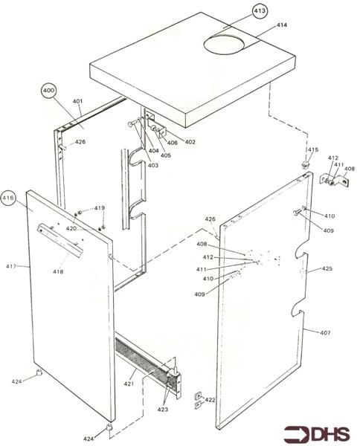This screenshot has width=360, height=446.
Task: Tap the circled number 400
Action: [x=50, y=91]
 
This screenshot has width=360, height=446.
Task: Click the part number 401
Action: [x=78, y=101]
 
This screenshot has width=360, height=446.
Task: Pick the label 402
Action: [x=190, y=141]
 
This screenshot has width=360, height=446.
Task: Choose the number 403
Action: [x=152, y=165]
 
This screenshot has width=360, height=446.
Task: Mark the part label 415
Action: [x=313, y=150]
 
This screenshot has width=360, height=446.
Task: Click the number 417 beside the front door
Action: [x=11, y=265]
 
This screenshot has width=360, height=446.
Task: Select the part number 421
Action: [x=128, y=384]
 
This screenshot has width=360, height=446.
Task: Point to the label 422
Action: [x=210, y=400]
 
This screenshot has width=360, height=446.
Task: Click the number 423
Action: [x=162, y=410]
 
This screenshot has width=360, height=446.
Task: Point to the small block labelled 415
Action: [x=304, y=161]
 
